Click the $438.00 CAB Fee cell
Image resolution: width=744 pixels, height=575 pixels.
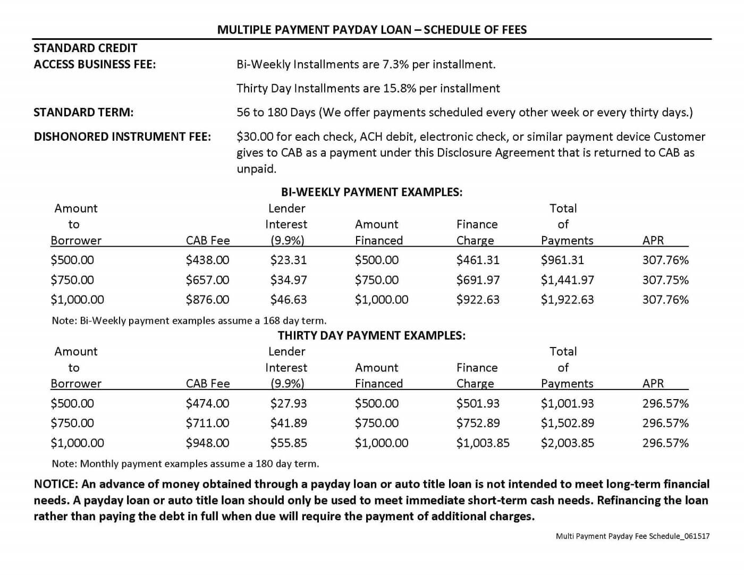[x=207, y=260]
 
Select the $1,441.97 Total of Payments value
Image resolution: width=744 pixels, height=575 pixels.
[x=567, y=280]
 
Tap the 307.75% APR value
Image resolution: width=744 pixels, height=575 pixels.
[x=665, y=280]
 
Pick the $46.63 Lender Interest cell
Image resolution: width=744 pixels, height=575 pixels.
[x=288, y=300]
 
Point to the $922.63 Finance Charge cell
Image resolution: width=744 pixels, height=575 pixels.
[x=478, y=300]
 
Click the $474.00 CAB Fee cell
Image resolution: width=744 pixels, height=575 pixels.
[x=207, y=403]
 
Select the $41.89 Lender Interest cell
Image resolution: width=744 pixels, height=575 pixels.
[x=288, y=423]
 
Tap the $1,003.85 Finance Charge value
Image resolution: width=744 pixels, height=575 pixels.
[x=483, y=443]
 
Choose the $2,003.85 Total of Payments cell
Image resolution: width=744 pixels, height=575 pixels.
[x=567, y=443]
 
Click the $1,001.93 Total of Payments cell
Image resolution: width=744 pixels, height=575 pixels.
[x=567, y=403]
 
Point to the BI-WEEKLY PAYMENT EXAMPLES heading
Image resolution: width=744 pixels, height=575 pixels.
[x=371, y=192]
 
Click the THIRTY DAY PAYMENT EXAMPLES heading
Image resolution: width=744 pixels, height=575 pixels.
[x=371, y=335]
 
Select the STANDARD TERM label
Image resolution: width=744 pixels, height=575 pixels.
[x=83, y=113]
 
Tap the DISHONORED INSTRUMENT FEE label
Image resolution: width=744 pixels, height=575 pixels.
[x=122, y=137]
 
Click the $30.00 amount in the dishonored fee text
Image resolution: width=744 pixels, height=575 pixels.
[x=253, y=137]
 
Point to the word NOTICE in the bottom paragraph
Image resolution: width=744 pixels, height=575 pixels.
[x=55, y=484]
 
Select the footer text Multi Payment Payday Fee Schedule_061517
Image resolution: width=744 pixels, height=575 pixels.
[x=632, y=536]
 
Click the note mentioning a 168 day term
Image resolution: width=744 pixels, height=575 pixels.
[x=189, y=320]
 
